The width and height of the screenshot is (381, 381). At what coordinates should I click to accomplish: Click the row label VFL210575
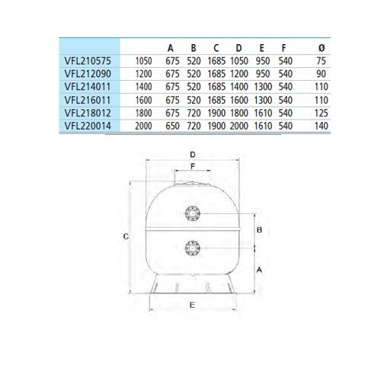88,61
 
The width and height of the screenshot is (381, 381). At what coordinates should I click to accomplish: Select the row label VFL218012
88,113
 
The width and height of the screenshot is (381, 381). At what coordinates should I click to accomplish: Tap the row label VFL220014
88,126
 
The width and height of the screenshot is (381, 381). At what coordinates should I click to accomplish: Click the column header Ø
322,48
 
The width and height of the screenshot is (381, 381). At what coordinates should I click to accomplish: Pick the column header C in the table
216,48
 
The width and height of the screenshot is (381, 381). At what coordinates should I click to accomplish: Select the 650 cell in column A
172,126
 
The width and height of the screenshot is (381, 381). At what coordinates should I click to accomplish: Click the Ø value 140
322,126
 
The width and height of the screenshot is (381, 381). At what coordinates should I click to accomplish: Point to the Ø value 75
322,61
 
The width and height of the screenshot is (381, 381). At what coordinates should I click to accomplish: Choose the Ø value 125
322,113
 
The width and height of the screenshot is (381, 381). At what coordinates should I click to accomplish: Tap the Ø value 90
322,74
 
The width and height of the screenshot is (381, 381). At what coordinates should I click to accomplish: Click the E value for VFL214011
263,87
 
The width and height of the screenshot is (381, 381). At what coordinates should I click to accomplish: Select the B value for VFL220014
194,126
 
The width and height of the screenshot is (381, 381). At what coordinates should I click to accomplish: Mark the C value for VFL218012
216,113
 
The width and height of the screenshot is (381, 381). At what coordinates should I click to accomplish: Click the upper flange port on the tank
193,213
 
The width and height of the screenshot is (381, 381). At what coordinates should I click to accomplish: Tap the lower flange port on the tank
193,248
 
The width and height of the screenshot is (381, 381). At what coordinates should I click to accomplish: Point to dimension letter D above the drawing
193,155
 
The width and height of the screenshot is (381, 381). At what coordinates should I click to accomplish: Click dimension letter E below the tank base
192,305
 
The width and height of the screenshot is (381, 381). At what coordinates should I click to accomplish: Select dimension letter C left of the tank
126,237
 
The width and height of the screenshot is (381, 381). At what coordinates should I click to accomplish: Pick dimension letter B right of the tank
259,230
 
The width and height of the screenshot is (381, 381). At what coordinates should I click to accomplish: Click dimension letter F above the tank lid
193,167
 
